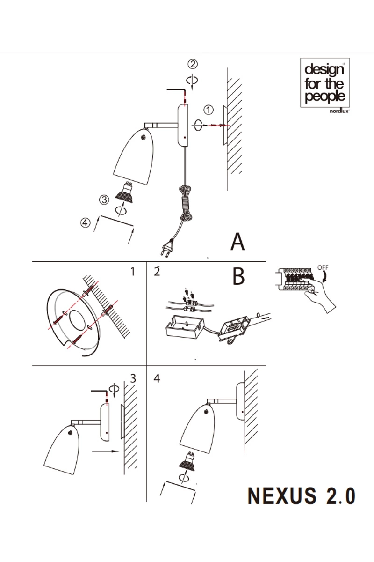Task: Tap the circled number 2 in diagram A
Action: (193, 64)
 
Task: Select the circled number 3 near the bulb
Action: (104, 200)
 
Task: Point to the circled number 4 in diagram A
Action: (85, 223)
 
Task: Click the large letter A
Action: (237, 242)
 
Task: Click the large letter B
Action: (238, 276)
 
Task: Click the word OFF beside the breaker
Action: (323, 267)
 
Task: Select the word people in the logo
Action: (325, 96)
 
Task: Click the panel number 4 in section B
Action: (157, 378)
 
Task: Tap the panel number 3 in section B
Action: (133, 378)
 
